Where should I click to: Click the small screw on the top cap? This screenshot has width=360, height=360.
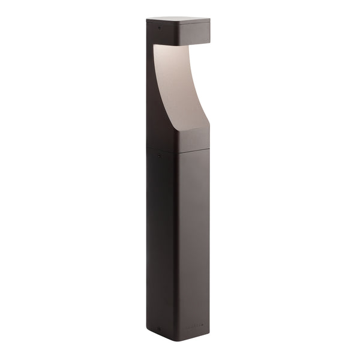[159, 27]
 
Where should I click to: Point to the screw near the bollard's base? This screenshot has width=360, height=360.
[159, 328]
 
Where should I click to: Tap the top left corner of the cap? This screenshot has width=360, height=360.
[147, 19]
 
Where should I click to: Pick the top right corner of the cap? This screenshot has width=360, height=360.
[209, 20]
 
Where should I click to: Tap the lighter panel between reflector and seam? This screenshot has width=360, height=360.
[193, 139]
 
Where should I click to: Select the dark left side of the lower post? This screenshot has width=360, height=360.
[161, 240]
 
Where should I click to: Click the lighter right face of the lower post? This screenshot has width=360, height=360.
[193, 240]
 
